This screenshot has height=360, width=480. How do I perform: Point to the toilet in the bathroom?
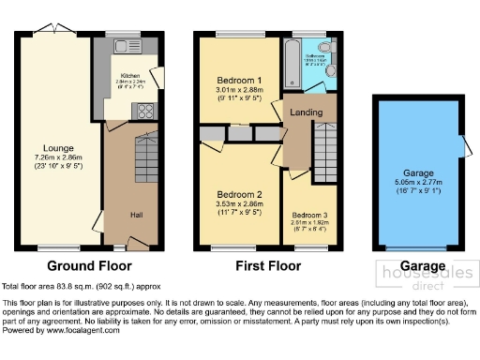[x=323, y=48]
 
